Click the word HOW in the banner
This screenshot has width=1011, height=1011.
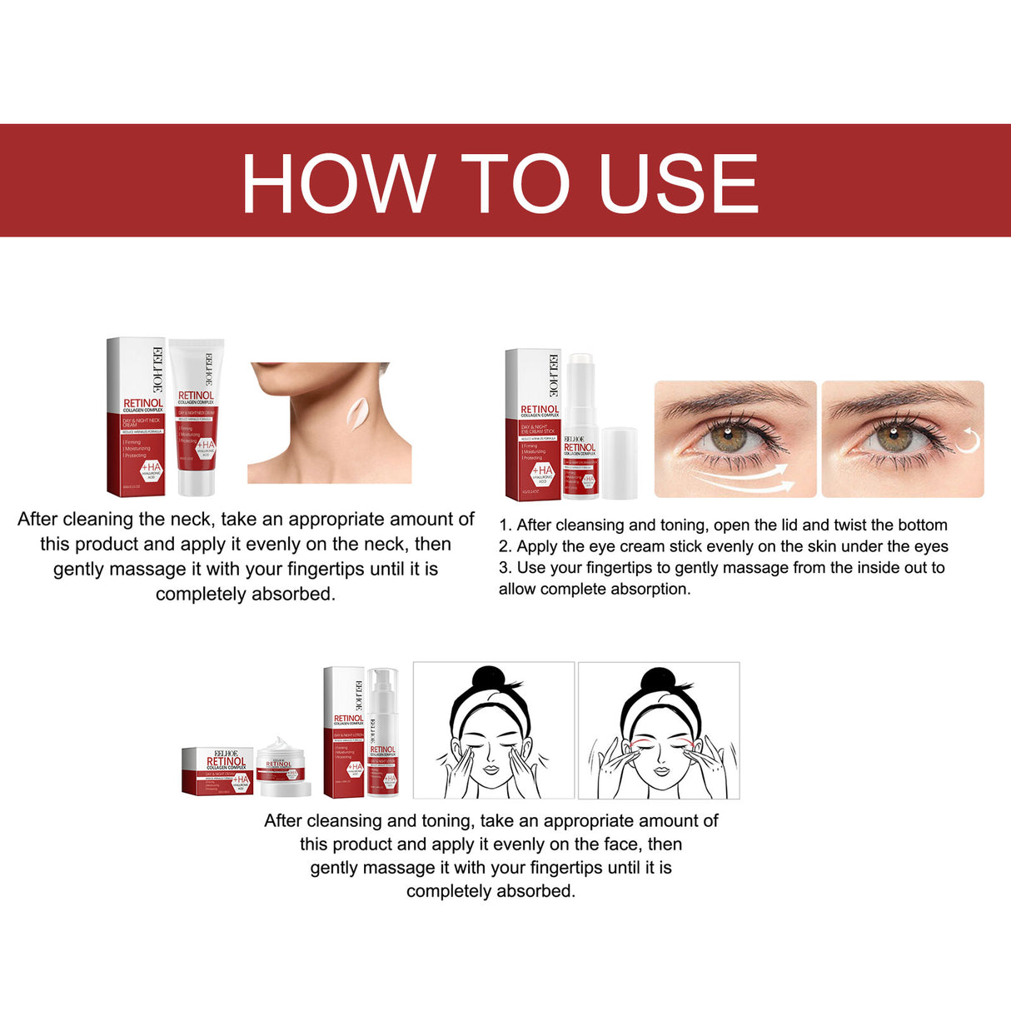point(338,183)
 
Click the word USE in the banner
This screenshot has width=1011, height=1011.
point(678,183)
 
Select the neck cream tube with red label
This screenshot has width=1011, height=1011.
point(197,416)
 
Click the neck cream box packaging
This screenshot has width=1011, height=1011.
point(136,416)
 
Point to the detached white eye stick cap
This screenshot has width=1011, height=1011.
point(619,462)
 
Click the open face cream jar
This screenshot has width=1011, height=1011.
point(283,766)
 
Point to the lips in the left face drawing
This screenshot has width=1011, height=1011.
point(490,770)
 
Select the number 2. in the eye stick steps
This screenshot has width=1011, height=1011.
point(505,546)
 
